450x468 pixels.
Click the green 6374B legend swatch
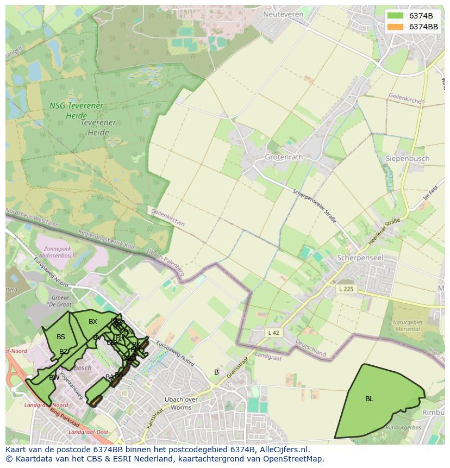click(396, 16)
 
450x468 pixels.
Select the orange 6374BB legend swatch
click(396, 27)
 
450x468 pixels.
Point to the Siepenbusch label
click(407, 159)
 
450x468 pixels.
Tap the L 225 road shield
click(345, 289)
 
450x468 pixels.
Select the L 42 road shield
click(273, 332)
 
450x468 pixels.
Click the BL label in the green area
click(369, 399)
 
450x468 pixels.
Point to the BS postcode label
click(61, 337)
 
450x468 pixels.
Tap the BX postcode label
click(93, 322)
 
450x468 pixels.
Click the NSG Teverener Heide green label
click(76, 110)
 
